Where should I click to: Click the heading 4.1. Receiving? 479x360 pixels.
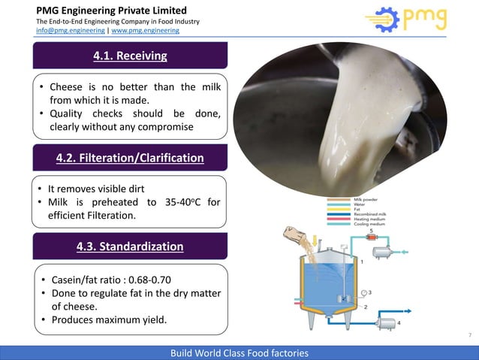(x=130, y=56)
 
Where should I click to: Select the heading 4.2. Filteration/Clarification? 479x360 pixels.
(x=130, y=159)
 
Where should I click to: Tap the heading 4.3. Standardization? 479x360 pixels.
(x=130, y=246)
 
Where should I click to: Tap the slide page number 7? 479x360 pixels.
(x=468, y=334)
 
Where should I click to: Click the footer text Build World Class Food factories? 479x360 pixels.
(x=239, y=352)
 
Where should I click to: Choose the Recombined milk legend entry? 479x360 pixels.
(x=371, y=213)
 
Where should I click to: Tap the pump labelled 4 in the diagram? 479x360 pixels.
(x=387, y=322)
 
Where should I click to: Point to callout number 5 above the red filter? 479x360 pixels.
(x=371, y=230)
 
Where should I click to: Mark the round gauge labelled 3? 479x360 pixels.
(x=363, y=292)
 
